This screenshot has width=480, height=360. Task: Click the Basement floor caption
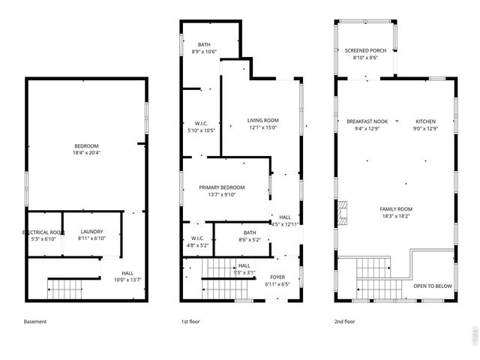pyautogui.click(x=35, y=322)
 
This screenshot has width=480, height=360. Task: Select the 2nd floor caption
pyautogui.click(x=345, y=322)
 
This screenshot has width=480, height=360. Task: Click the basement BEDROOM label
pyautogui.click(x=86, y=145)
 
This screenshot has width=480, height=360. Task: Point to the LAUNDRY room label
pyautogui.click(x=91, y=232)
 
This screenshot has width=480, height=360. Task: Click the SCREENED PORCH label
pyautogui.click(x=365, y=50)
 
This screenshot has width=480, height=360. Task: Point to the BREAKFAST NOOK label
pyautogui.click(x=367, y=121)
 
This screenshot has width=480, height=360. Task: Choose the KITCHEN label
pyautogui.click(x=425, y=121)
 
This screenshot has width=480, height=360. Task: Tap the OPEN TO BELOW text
pyautogui.click(x=433, y=286)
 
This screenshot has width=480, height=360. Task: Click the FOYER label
pyautogui.click(x=277, y=277)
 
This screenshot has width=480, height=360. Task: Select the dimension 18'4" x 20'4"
pyautogui.click(x=86, y=153)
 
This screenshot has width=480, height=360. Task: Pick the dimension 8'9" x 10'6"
pyautogui.click(x=204, y=52)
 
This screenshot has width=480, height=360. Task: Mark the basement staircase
pyautogui.click(x=73, y=286)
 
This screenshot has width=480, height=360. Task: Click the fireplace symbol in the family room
pyautogui.click(x=343, y=213)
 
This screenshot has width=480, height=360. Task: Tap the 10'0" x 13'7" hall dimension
pyautogui.click(x=127, y=280)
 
